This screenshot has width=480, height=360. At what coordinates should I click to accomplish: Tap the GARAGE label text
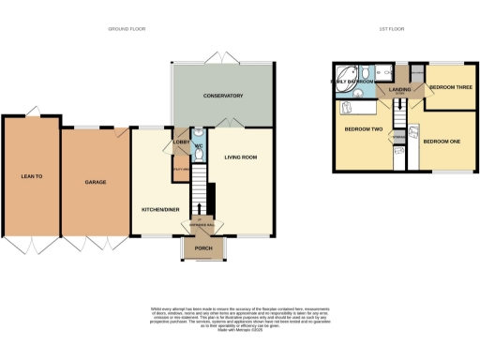click(x=94, y=182)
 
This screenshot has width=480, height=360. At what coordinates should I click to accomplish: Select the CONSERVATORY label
click(x=224, y=96)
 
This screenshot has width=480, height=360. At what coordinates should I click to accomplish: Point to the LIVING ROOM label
click(x=240, y=157)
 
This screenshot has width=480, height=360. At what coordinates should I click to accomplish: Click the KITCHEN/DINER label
click(x=157, y=208)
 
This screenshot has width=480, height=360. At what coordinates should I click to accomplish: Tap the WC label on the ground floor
click(x=198, y=146)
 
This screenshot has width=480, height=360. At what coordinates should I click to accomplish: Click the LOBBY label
click(x=179, y=142)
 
